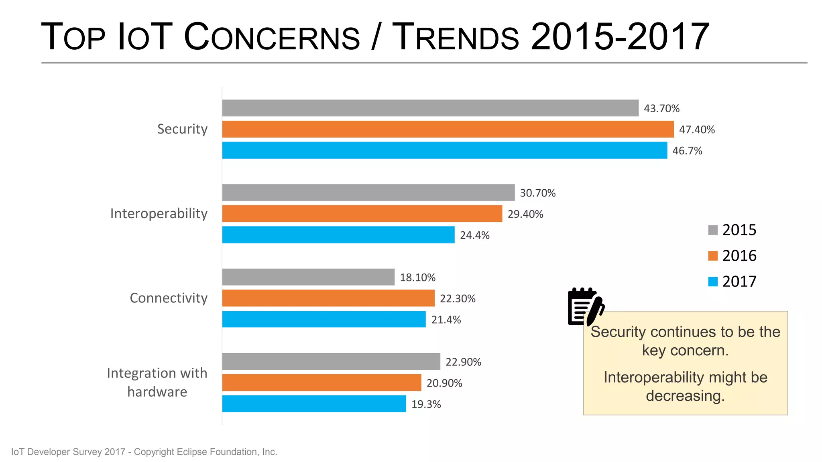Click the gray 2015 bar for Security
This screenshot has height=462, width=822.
coord(430,108)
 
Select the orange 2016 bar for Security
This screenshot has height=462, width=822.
coord(448,129)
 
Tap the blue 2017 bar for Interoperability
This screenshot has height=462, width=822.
coord(338,235)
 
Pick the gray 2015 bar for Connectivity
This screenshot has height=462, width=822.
coord(308,277)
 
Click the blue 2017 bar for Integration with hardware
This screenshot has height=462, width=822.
coord(314,404)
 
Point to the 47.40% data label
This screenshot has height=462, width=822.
coord(697,130)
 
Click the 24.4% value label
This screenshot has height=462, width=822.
coord(474,235)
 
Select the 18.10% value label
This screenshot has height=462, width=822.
coord(417,278)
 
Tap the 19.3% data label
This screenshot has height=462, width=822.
coord(426,404)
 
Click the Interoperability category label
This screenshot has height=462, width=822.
coord(159,213)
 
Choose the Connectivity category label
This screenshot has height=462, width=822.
coord(169,298)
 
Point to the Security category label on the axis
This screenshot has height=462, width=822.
coord(182,129)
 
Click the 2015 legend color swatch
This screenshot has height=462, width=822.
coord(713,230)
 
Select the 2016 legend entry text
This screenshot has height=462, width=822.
coord(739,256)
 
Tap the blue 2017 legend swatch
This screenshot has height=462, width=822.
coord(713,282)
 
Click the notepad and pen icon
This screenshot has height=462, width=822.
coord(585,307)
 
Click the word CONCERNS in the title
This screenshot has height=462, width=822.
coord(272,37)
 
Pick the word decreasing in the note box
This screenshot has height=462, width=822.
coord(685,396)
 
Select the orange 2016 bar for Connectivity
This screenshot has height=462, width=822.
coord(328,298)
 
